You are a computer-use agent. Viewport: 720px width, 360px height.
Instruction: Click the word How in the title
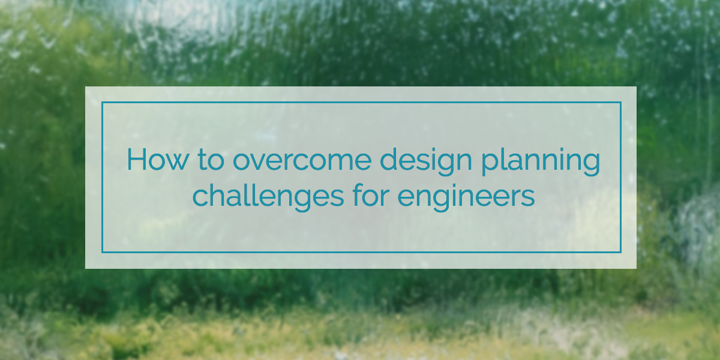[157, 159]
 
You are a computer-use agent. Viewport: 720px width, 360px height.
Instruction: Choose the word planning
[541, 161]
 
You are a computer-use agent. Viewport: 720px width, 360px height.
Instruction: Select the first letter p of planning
[491, 165]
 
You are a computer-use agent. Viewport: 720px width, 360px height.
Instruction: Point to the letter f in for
[358, 195]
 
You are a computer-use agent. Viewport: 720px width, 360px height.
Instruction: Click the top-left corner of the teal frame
[102, 102]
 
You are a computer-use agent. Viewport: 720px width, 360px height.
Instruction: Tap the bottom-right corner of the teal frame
[621, 253]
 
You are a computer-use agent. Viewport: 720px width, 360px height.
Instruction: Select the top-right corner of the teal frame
[621, 102]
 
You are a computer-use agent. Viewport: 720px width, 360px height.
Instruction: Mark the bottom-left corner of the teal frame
[102, 253]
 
